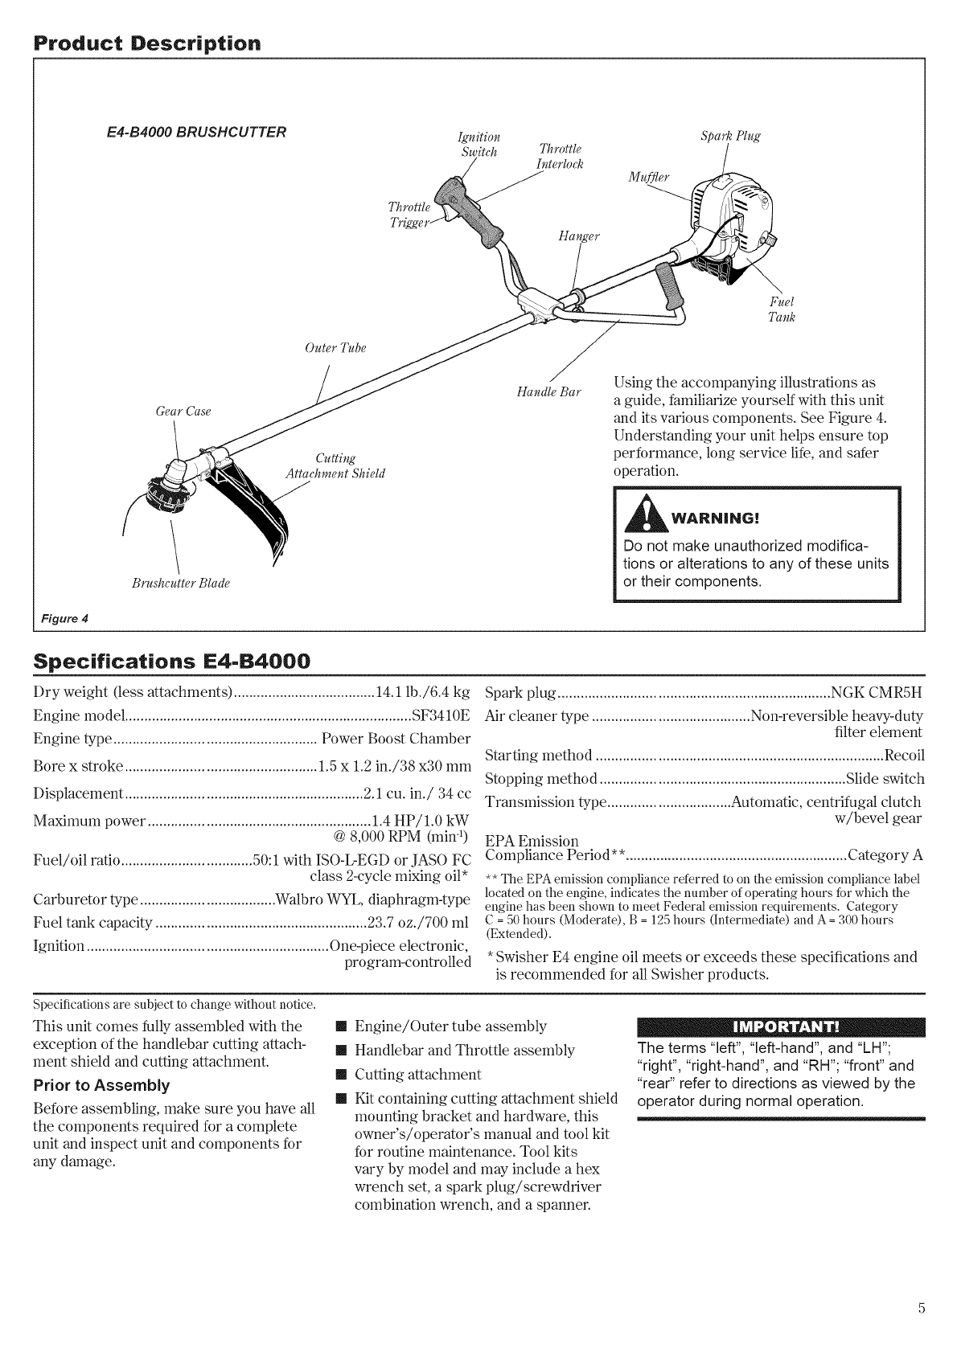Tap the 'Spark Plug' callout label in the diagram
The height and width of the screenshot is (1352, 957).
(731, 135)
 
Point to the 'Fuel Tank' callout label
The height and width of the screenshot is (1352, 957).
(782, 309)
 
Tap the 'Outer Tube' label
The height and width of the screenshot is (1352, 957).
(335, 348)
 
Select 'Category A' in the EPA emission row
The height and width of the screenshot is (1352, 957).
(885, 854)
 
